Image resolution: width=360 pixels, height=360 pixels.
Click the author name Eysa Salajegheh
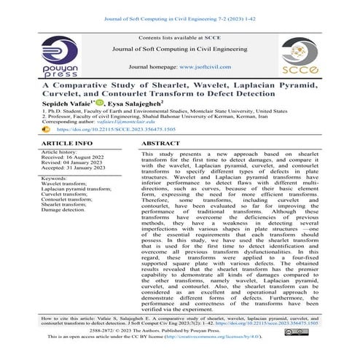point(141,105)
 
